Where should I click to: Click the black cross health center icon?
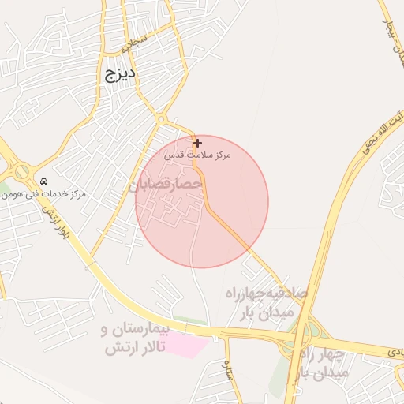(197, 143)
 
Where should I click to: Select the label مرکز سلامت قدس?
(197, 155)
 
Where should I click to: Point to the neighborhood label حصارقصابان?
(166, 184)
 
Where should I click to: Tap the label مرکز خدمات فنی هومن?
(55, 193)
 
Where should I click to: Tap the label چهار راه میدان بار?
(320, 365)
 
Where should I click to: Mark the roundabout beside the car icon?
(21, 171)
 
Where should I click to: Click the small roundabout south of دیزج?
(160, 118)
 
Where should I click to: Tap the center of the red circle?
(202, 201)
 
